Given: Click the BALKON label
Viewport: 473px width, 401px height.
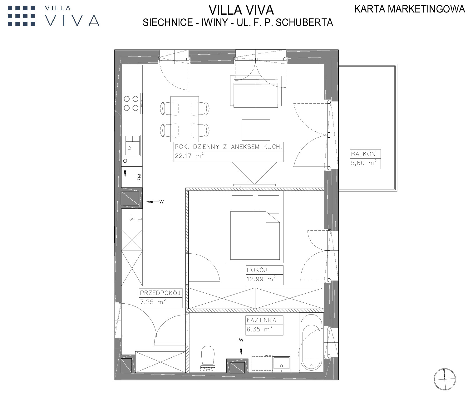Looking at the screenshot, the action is [x=363, y=154].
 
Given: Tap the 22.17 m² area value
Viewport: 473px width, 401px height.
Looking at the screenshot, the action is [x=189, y=156].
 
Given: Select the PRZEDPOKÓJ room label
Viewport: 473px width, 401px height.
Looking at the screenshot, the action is [x=160, y=293].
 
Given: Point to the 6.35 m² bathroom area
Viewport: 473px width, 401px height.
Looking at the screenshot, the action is [x=259, y=330].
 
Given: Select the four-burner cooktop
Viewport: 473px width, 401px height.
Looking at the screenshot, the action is [x=131, y=103].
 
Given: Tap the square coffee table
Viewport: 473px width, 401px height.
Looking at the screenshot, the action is [x=256, y=130].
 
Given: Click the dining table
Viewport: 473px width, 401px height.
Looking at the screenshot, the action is [x=185, y=119].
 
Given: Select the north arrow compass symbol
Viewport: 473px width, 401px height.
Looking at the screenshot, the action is [x=444, y=379].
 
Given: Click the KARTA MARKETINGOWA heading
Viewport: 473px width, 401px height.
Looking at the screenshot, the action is [x=410, y=9].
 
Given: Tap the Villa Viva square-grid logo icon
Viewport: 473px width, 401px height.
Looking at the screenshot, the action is [x=21, y=16].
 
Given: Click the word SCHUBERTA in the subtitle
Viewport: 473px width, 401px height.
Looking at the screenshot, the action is [x=304, y=22].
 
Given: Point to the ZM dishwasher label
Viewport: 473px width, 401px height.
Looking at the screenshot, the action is [x=139, y=177].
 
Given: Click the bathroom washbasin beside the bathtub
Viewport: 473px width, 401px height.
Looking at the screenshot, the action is [x=282, y=364].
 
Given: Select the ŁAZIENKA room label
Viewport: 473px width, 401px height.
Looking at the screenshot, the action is [x=261, y=320].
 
